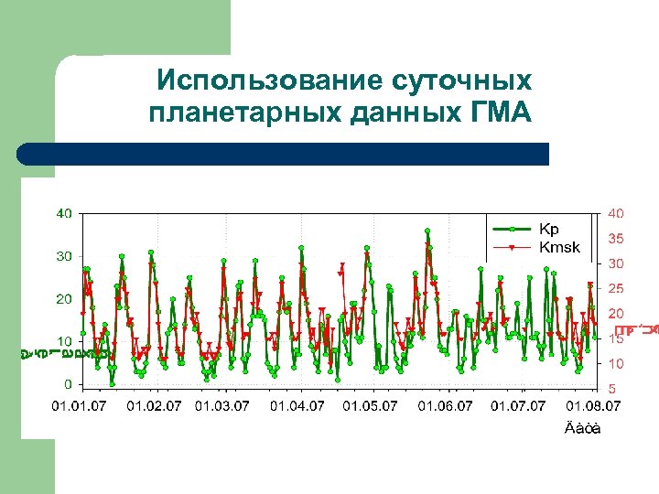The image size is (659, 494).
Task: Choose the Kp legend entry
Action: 549,229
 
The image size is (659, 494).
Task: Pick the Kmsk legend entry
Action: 558,246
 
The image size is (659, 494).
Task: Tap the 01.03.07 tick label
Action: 222,405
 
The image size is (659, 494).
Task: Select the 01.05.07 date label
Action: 371,405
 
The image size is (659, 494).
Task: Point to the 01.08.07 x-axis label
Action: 592,405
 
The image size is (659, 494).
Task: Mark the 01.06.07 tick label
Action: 446,405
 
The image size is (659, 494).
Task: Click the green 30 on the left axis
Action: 64,256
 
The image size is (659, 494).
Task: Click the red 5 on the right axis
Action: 611,388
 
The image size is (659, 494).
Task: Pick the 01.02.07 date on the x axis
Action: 154,405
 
